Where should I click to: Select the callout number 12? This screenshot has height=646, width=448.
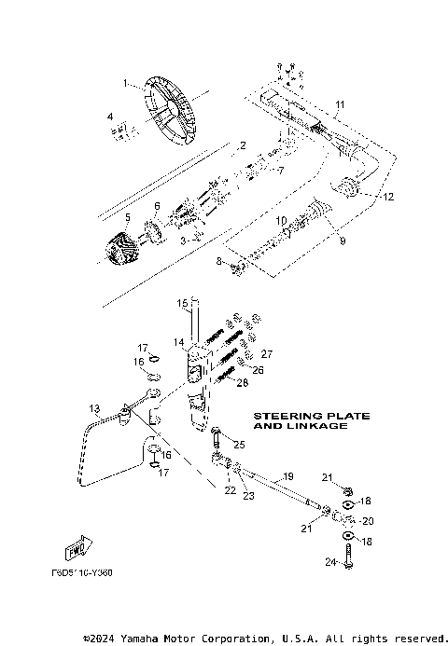pyautogui.click(x=388, y=197)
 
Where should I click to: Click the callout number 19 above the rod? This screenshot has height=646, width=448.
pyautogui.click(x=288, y=476)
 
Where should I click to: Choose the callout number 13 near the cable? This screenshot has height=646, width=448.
pyautogui.click(x=94, y=409)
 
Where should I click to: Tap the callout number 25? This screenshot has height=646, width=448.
pyautogui.click(x=239, y=444)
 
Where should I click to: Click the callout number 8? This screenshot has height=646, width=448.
pyautogui.click(x=219, y=262)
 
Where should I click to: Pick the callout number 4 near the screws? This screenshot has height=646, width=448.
pyautogui.click(x=110, y=117)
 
